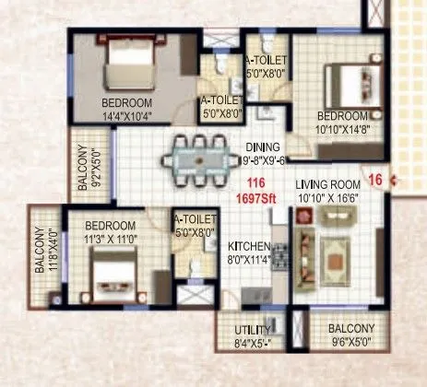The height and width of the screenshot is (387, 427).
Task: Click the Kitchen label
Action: pyautogui.click(x=248, y=247)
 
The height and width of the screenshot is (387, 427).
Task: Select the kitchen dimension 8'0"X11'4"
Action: pyautogui.click(x=248, y=260)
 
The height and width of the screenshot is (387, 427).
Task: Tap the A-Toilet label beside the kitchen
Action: pyautogui.click(x=195, y=219)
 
